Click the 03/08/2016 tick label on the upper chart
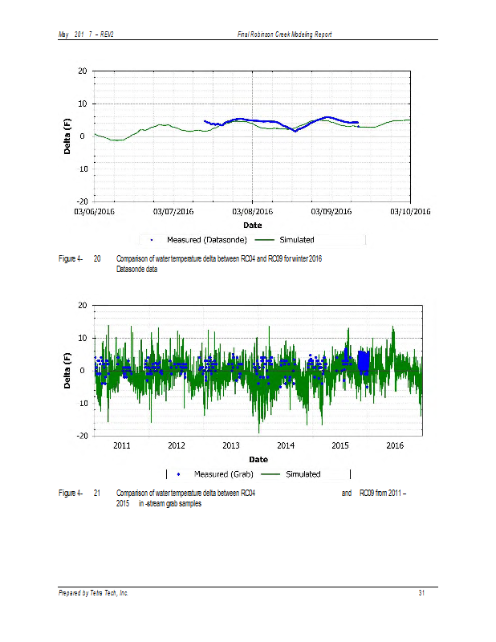(x=253, y=212)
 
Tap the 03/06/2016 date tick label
(x=95, y=212)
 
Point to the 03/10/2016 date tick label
(x=410, y=212)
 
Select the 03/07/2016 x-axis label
(x=173, y=212)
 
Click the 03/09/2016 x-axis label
(x=331, y=212)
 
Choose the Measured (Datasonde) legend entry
(x=196, y=240)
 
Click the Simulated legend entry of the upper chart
(x=296, y=240)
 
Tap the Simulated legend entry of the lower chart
(x=303, y=474)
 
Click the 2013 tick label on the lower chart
(x=231, y=445)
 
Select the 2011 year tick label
(x=122, y=445)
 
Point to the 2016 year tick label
(x=395, y=445)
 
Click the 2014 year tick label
(x=286, y=445)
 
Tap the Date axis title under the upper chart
(x=253, y=226)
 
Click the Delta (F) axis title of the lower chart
(x=70, y=371)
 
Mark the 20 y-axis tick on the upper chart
(x=83, y=71)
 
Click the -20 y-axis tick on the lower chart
(x=81, y=436)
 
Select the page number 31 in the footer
(x=421, y=593)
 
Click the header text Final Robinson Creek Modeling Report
(x=285, y=35)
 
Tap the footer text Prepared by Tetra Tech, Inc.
(x=93, y=593)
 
